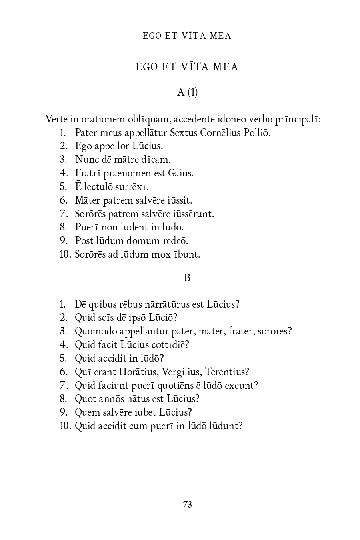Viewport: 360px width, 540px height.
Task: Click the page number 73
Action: click(x=187, y=504)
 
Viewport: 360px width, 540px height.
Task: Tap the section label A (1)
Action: click(x=187, y=92)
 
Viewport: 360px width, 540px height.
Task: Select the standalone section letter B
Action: click(x=187, y=278)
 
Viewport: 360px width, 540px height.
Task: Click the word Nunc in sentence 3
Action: click(x=84, y=160)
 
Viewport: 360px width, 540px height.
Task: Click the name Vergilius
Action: click(x=182, y=372)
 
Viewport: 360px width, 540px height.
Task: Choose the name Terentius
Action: click(x=227, y=372)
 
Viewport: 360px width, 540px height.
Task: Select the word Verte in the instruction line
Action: click(x=56, y=119)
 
